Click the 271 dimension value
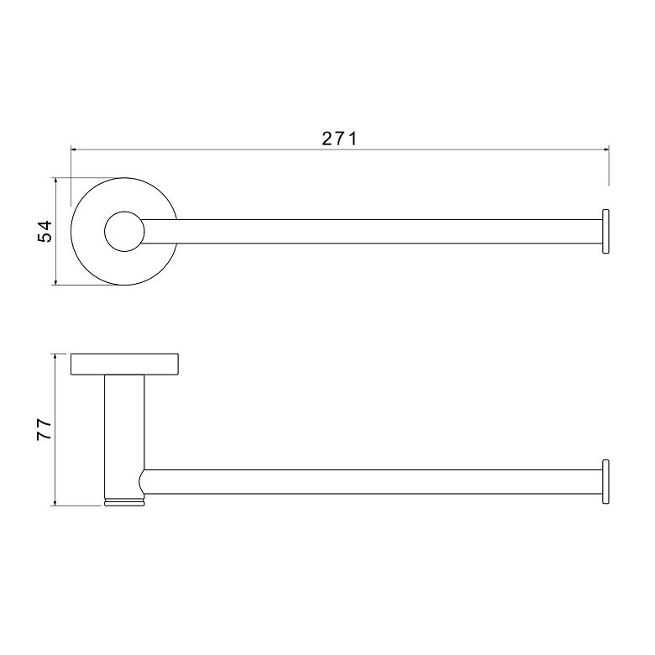tap(339, 139)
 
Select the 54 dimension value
tap(45, 232)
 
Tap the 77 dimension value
tap(45, 429)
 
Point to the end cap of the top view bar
tap(605, 232)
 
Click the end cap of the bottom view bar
tap(605, 482)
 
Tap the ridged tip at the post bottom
tap(124, 502)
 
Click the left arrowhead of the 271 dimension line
tap(74, 149)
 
